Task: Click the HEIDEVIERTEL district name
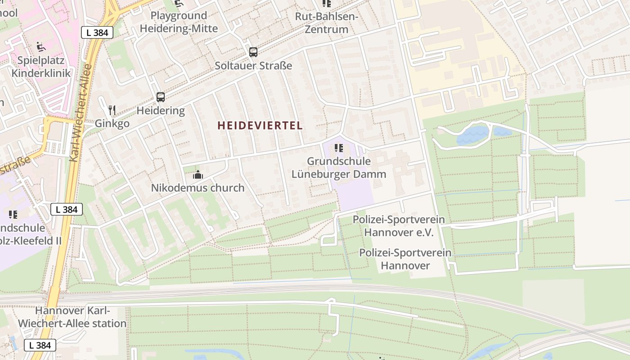260,126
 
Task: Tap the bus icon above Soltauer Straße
253,52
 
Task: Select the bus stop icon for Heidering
161,97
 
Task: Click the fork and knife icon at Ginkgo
112,110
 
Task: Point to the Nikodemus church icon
198,175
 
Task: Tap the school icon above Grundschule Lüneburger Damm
339,148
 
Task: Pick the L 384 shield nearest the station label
40,345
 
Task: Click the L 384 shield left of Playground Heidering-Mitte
97,32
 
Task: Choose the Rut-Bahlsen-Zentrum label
326,23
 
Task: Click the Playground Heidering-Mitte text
179,22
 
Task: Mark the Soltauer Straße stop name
253,66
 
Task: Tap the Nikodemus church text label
198,188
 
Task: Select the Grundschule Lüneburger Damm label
339,167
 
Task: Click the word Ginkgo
112,123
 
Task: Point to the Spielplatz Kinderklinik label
41,67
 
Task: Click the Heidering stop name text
161,110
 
